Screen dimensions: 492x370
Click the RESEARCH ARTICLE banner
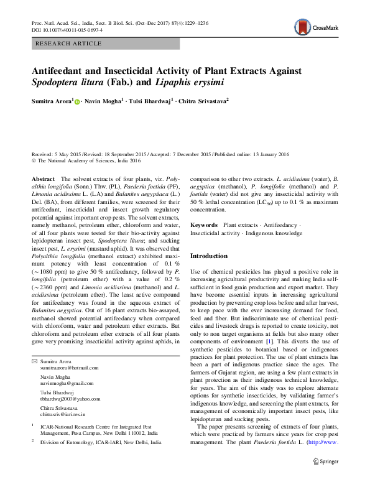[69, 44]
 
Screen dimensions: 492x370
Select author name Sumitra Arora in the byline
[52, 100]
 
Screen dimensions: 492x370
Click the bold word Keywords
[204, 224]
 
